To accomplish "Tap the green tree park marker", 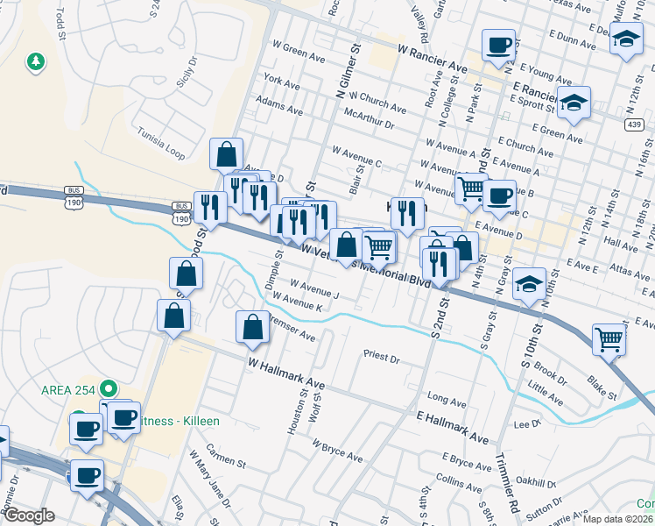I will pyautogui.click(x=35, y=61).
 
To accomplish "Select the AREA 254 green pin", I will pyautogui.click(x=109, y=387).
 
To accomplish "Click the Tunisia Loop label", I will pyautogui.click(x=162, y=143).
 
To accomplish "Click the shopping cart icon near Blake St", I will pyautogui.click(x=609, y=339).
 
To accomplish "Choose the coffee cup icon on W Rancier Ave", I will pyautogui.click(x=498, y=45).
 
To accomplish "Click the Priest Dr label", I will pyautogui.click(x=381, y=359).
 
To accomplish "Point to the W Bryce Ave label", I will pyautogui.click(x=336, y=452).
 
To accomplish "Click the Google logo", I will pyautogui.click(x=29, y=515).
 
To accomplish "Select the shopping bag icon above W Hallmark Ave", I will pyautogui.click(x=253, y=327).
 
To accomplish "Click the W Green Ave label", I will pyautogui.click(x=299, y=53).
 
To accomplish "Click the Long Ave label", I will pyautogui.click(x=447, y=401).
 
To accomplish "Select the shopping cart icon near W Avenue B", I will pyautogui.click(x=471, y=188).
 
